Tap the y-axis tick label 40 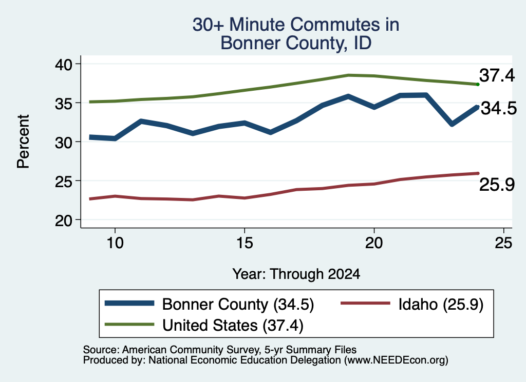(63, 64)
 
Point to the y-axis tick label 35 (63, 104)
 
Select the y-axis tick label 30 (63, 143)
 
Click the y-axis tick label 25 (63, 182)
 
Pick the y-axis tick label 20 (63, 220)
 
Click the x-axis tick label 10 (115, 243)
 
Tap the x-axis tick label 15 (245, 243)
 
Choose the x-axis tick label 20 (374, 243)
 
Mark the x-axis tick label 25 (503, 243)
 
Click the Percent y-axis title (23, 142)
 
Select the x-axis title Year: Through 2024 (296, 274)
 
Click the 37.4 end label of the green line (497, 75)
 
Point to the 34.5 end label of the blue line (499, 108)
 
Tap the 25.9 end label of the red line (497, 185)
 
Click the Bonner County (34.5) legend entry (210, 305)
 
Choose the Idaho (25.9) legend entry (412, 305)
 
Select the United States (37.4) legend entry (204, 325)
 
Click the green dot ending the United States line (478, 85)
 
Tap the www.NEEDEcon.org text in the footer (396, 360)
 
